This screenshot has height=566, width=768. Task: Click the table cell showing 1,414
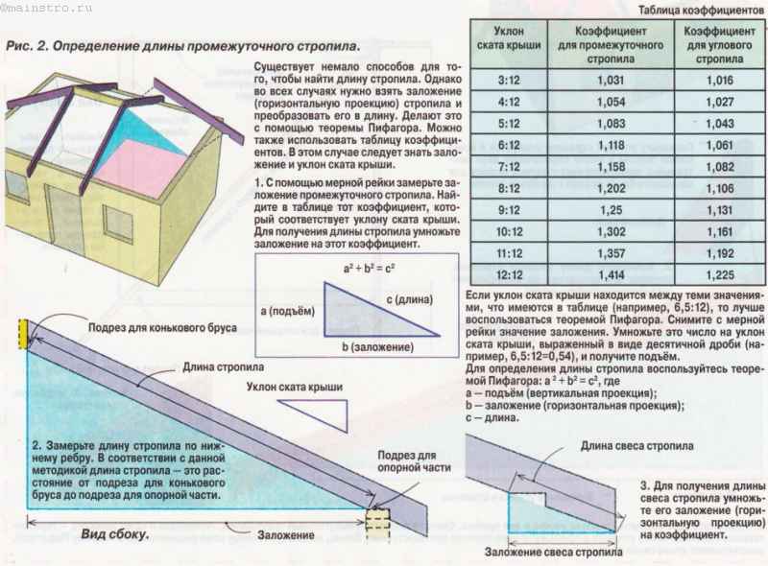[612, 274]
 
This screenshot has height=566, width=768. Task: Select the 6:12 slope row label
[509, 145]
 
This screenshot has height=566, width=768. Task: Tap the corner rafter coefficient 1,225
[720, 274]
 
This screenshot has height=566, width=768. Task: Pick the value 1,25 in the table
[612, 210]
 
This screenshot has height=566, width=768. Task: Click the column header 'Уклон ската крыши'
[509, 37]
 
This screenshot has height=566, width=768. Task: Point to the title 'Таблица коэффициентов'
[701, 10]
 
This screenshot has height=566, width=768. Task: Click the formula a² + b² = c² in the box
[369, 268]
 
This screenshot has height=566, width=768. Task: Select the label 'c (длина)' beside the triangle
[410, 298]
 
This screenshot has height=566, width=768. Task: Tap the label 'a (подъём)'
[287, 311]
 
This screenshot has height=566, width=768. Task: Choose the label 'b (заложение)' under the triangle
[377, 346]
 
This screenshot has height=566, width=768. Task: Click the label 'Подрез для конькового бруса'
[162, 327]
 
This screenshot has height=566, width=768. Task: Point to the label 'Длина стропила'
[223, 366]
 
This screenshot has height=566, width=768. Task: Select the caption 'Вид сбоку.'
[114, 533]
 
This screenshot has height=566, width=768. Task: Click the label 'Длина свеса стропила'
[636, 445]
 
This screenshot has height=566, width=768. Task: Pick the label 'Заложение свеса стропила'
[554, 552]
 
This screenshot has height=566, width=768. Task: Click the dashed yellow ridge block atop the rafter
[23, 334]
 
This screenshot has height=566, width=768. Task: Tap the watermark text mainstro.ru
[47, 9]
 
